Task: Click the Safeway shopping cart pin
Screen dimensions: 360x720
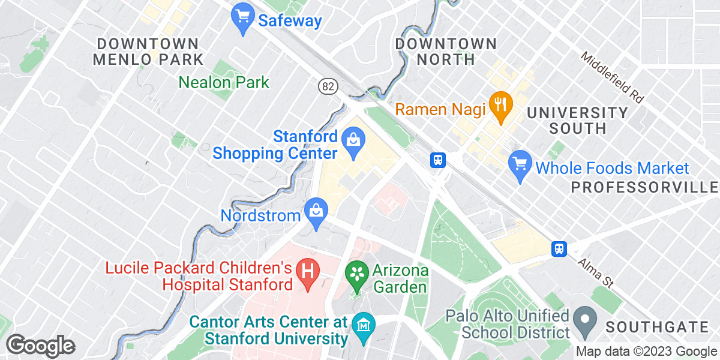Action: pyautogui.click(x=243, y=18)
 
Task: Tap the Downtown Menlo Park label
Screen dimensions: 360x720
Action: pyautogui.click(x=148, y=52)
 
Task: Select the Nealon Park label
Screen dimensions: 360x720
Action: pyautogui.click(x=224, y=82)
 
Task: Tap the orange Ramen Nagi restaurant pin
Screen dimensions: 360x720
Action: pyautogui.click(x=499, y=105)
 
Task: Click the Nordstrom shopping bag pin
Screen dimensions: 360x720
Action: pyautogui.click(x=315, y=212)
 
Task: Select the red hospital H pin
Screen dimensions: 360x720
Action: pyautogui.click(x=308, y=274)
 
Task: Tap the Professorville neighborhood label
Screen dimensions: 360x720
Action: pyautogui.click(x=644, y=187)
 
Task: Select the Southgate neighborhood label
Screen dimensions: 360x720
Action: pyautogui.click(x=656, y=327)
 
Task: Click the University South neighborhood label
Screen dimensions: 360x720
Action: pyautogui.click(x=577, y=120)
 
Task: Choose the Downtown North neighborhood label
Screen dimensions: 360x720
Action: pyautogui.click(x=446, y=52)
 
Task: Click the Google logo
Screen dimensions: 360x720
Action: pyautogui.click(x=40, y=346)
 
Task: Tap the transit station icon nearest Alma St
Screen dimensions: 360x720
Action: pyautogui.click(x=559, y=248)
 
